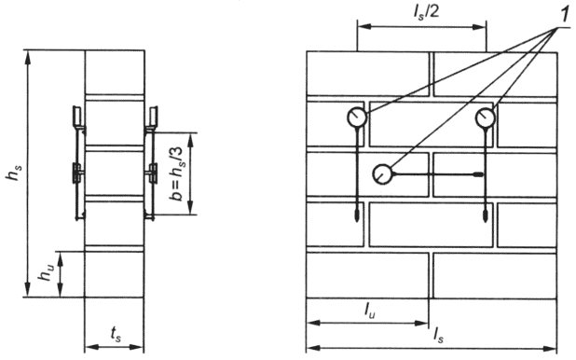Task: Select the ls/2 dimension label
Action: [425, 12]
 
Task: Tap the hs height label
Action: [15, 173]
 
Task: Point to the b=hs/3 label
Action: [177, 173]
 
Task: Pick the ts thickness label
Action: [116, 335]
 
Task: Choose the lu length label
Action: [370, 312]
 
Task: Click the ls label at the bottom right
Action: [438, 336]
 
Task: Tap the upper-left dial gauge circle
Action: [356, 118]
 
